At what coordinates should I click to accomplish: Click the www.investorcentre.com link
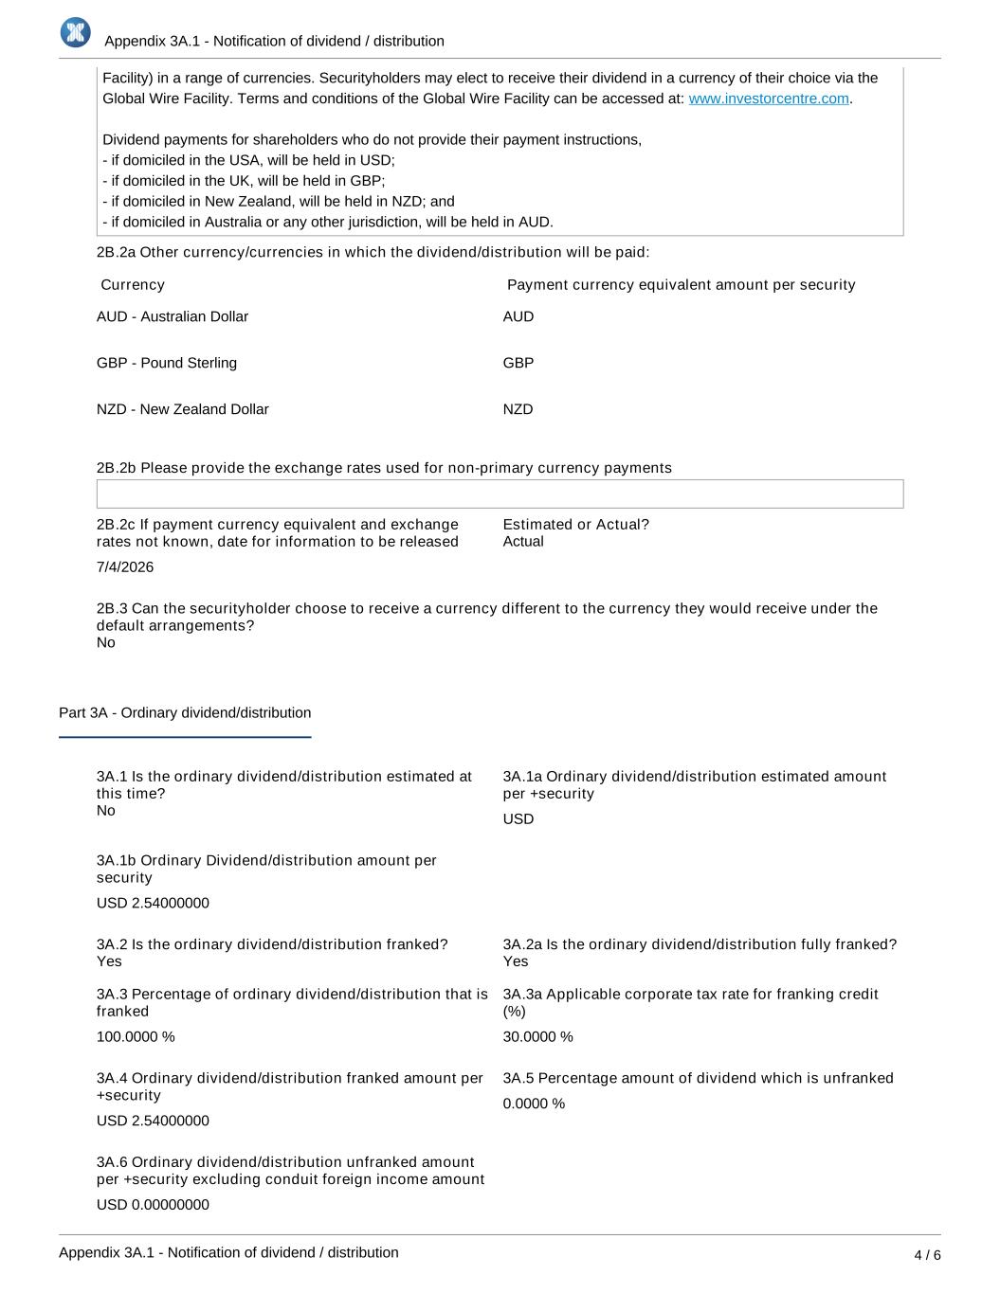tap(768, 99)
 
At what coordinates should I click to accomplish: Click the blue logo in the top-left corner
tap(76, 33)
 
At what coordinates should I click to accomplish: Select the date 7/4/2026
tap(125, 567)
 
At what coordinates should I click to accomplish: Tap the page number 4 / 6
tap(927, 1255)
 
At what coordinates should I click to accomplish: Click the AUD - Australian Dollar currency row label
tap(173, 316)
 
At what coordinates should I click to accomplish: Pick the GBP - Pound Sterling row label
tap(167, 363)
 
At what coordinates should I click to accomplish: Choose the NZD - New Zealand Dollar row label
tap(183, 409)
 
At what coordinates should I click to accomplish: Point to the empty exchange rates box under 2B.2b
tap(500, 494)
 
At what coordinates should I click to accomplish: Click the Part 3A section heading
tap(185, 713)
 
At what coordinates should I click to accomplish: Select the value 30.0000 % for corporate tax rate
tap(537, 1037)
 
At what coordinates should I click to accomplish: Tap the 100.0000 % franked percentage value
tap(136, 1037)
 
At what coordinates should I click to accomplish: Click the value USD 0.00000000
tap(153, 1205)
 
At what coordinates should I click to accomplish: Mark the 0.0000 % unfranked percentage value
tap(534, 1104)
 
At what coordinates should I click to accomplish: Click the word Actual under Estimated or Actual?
tap(523, 542)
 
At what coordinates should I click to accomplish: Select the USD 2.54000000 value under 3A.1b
tap(153, 904)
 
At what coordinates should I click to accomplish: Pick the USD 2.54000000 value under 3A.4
tap(153, 1122)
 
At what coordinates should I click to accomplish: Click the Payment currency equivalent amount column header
tap(681, 285)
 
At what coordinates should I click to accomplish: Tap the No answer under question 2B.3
tap(106, 643)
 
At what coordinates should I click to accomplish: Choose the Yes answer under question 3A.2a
tap(516, 961)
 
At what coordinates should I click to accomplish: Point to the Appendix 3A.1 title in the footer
tap(228, 1252)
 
